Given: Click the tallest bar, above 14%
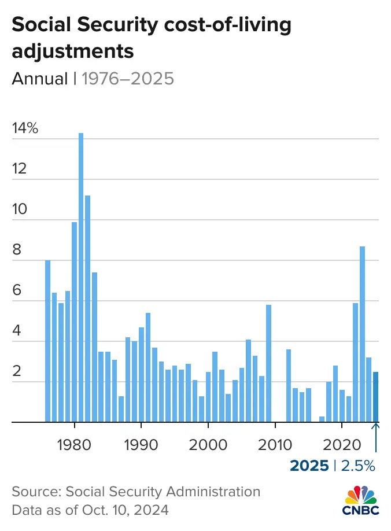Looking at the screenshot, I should click(x=81, y=278).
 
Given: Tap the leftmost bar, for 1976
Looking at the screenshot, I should click(x=47, y=341).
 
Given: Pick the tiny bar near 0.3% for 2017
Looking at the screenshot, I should click(x=322, y=419).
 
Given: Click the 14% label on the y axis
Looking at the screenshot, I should click(x=25, y=128).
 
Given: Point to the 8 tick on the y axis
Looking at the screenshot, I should click(x=17, y=250).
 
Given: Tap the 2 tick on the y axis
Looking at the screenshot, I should click(x=17, y=371).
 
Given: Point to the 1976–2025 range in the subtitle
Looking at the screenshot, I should click(x=127, y=78).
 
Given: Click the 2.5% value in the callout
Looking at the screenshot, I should click(x=359, y=465).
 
